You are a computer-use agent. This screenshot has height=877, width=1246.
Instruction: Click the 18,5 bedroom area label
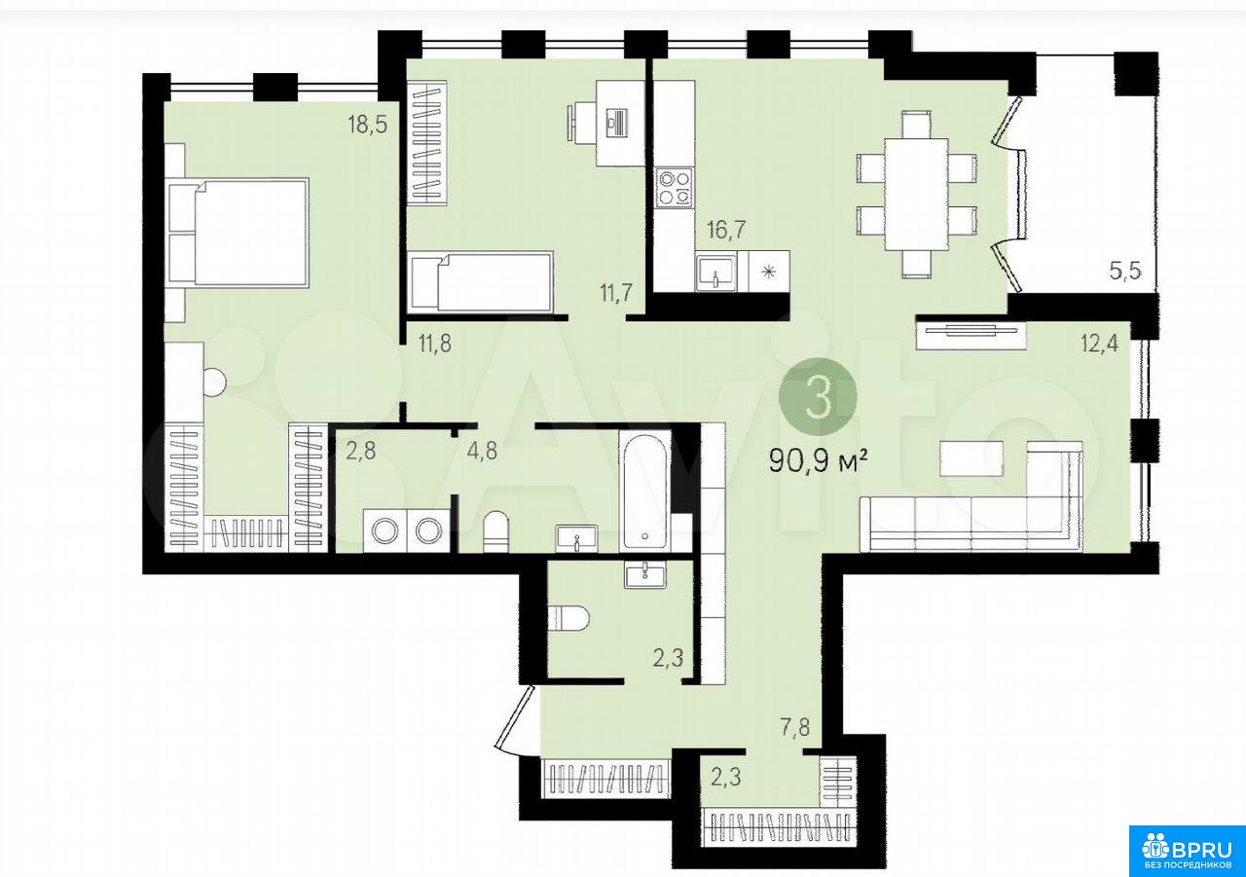pos(367,126)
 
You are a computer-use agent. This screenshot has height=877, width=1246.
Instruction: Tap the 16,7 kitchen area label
pos(726,229)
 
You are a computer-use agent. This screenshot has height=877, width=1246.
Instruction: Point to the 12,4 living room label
pos(1100,344)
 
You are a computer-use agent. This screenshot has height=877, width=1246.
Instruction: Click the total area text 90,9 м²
pos(819,460)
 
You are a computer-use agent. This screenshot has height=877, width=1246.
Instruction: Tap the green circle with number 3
pos(818,396)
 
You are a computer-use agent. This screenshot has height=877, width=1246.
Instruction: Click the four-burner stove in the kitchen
pos(675,187)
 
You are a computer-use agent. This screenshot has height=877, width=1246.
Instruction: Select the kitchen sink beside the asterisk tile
pos(716,271)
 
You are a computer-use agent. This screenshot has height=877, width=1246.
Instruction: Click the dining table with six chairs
pos(917,194)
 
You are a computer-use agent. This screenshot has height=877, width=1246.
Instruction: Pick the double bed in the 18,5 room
pos(238,233)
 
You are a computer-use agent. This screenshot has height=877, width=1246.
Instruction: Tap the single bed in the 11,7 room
pos(481,282)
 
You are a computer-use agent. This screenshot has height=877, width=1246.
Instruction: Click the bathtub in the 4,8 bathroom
pos(645,493)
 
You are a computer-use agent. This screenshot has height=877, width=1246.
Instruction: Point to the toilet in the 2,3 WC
pos(568,618)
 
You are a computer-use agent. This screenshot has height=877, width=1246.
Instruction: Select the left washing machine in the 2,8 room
pos(385,530)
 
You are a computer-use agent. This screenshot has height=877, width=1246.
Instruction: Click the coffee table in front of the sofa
pos(971,458)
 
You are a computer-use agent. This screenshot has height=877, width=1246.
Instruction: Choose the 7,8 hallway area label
pos(795,727)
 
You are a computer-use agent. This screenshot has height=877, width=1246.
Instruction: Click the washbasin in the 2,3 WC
pos(644,574)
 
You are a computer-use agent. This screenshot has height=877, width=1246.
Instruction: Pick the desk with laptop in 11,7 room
pos(614,123)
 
